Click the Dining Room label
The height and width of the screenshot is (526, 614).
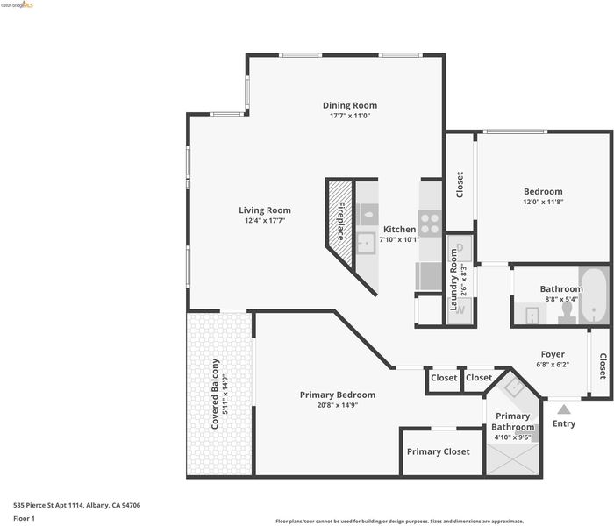coord(350,105)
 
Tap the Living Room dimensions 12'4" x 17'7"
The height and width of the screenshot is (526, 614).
coord(265,220)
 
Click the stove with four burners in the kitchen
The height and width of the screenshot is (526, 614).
coord(430,224)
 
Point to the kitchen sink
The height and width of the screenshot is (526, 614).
coord(367,244)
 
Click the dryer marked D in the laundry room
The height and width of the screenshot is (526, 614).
coord(460,248)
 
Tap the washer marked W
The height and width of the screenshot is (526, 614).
coord(460,310)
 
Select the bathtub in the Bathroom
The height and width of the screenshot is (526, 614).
coord(594,295)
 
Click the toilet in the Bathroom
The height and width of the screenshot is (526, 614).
coord(567,312)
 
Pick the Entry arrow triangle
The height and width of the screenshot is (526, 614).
coord(563,409)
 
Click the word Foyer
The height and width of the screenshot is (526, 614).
coord(553,354)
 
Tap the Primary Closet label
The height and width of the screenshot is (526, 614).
coord(439,451)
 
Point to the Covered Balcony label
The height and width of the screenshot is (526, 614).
coord(215,394)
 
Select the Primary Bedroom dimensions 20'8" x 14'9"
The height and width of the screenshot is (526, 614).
coord(338,405)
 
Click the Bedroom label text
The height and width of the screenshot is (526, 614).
coord(543,191)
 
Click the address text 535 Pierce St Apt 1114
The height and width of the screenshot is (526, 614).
coord(48,505)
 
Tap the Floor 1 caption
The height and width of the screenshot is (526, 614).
coord(24,519)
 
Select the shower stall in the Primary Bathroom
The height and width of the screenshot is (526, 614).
coord(512,459)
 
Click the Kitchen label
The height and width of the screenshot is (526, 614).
coord(399,230)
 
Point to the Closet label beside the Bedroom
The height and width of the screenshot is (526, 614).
coord(460,185)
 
